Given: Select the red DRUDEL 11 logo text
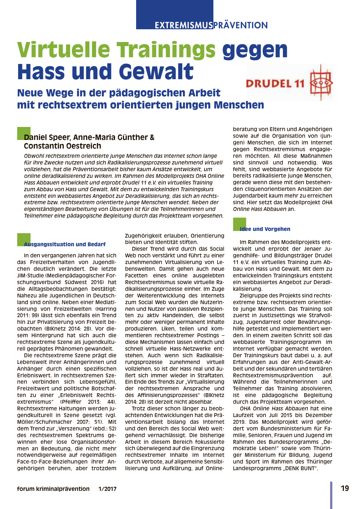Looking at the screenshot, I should tap(275, 83).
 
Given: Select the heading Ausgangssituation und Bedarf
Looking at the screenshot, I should tap(65, 244).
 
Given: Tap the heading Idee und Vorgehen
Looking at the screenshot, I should tap(265, 229).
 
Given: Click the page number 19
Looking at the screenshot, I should tap(345, 488).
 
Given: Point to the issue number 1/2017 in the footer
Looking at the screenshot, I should tap(107, 489).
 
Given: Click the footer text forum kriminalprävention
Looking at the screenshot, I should tap(53, 489).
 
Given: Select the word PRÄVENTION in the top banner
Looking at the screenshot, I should tap(240, 25).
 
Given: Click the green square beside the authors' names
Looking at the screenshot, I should tap(24, 133).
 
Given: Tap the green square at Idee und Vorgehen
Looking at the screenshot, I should tap(239, 224).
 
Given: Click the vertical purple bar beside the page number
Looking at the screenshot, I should tap(331, 495).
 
